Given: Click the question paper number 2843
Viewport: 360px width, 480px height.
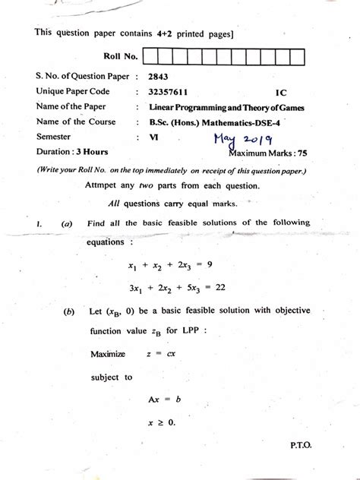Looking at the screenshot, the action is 159,77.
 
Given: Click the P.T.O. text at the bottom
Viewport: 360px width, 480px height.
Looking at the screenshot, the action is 300,447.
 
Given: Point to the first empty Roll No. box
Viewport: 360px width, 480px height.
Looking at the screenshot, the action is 149,56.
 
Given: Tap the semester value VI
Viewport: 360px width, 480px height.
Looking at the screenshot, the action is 153,137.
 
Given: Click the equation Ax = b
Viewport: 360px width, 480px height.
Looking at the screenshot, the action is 166,399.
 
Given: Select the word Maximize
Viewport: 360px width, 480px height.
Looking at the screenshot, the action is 108,354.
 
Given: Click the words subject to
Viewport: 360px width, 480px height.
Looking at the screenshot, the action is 111,377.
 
